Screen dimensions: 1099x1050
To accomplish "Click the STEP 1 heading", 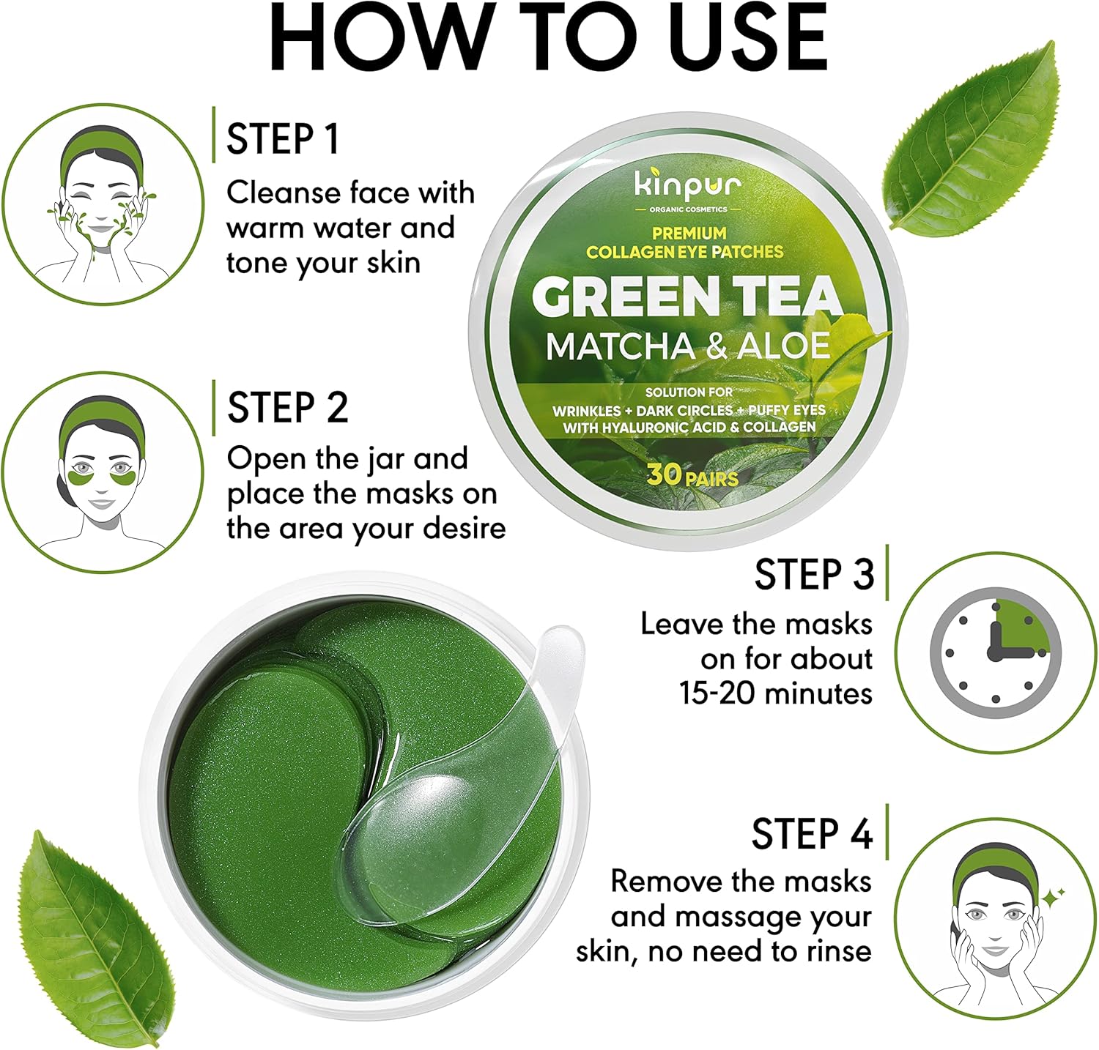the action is pyautogui.click(x=283, y=139).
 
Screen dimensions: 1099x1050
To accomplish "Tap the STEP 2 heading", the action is pyautogui.click(x=287, y=408).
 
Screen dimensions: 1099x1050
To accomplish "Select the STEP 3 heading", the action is pyautogui.click(x=814, y=574).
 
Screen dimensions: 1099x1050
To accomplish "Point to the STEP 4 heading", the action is pyautogui.click(x=813, y=833).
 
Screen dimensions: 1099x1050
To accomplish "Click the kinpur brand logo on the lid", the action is pyautogui.click(x=688, y=186).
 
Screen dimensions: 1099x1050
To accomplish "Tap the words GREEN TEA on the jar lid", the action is pyautogui.click(x=687, y=297).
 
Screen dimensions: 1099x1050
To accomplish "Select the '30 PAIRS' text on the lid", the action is pyautogui.click(x=692, y=476).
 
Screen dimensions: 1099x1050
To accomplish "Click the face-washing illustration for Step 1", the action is pyautogui.click(x=102, y=205).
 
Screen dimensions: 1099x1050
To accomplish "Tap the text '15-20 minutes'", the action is pyautogui.click(x=777, y=693).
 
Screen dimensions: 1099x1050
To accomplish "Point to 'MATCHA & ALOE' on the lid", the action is pyautogui.click(x=688, y=346).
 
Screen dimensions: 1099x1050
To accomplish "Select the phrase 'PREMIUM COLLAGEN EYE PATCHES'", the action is pyautogui.click(x=685, y=243).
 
